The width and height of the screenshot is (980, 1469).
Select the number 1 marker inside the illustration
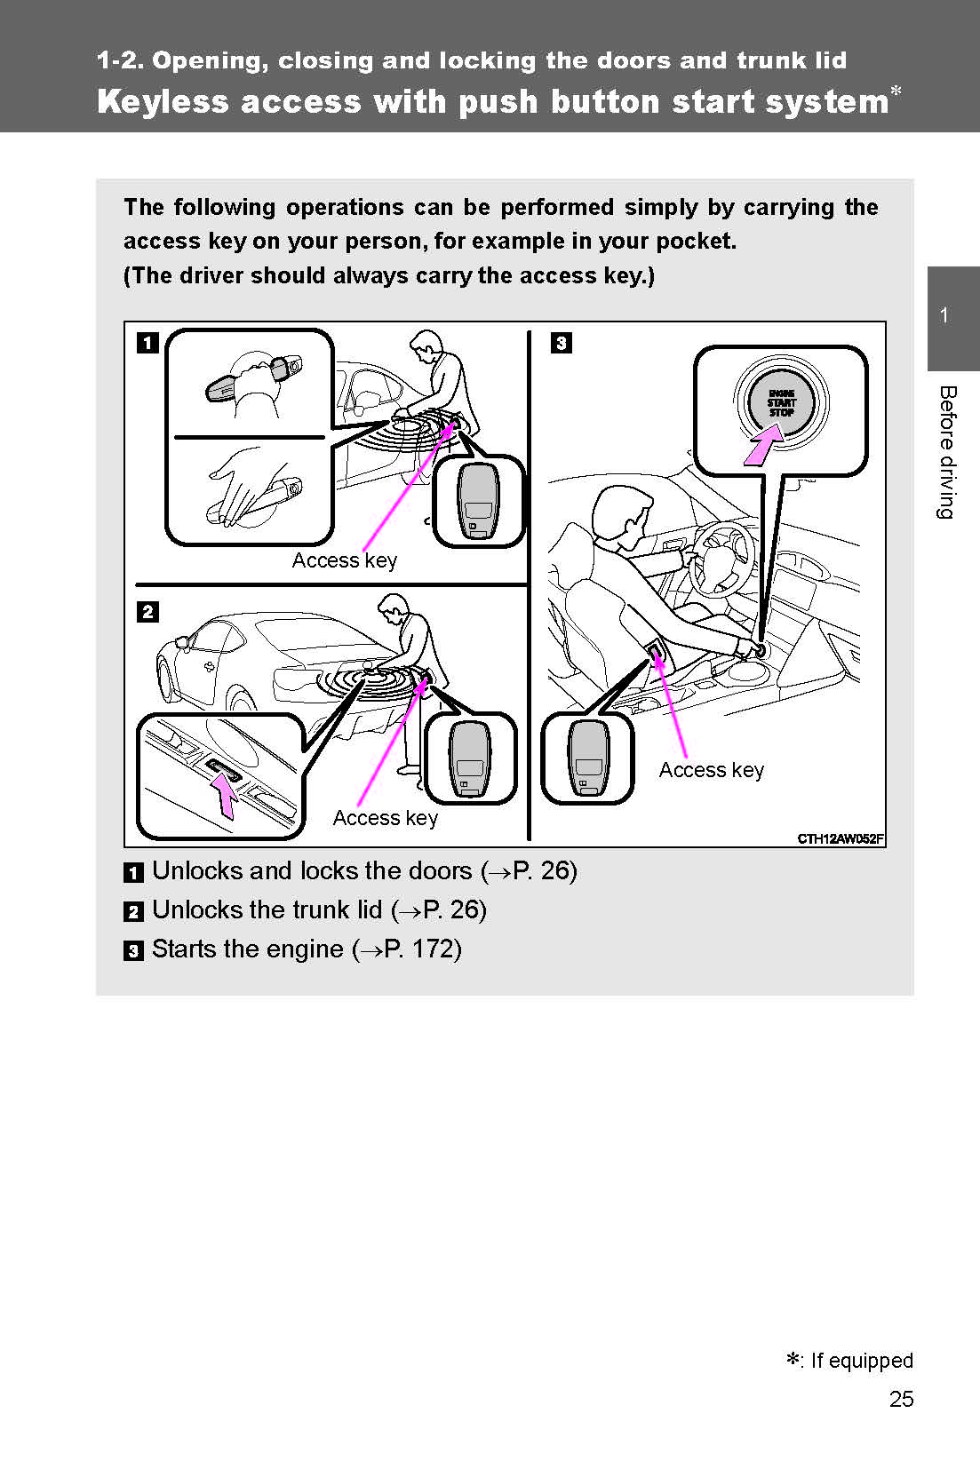coord(147,343)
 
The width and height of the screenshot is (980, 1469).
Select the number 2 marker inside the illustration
coord(147,612)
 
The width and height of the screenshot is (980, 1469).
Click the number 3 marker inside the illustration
coord(561,343)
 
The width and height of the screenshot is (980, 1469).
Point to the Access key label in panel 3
coord(711,770)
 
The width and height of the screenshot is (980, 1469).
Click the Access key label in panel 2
coord(385,818)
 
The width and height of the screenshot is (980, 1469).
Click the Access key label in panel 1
coord(344,560)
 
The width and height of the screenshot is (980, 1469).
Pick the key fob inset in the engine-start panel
coord(587,758)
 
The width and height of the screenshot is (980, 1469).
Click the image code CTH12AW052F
coord(840,838)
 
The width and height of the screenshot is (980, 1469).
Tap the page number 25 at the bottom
coord(901,1400)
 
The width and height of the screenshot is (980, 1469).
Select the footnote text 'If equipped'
coord(861,1361)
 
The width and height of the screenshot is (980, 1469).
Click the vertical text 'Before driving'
coord(948,452)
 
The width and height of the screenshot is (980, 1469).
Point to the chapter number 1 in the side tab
coord(944,315)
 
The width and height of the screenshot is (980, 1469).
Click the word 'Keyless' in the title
coord(163,101)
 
